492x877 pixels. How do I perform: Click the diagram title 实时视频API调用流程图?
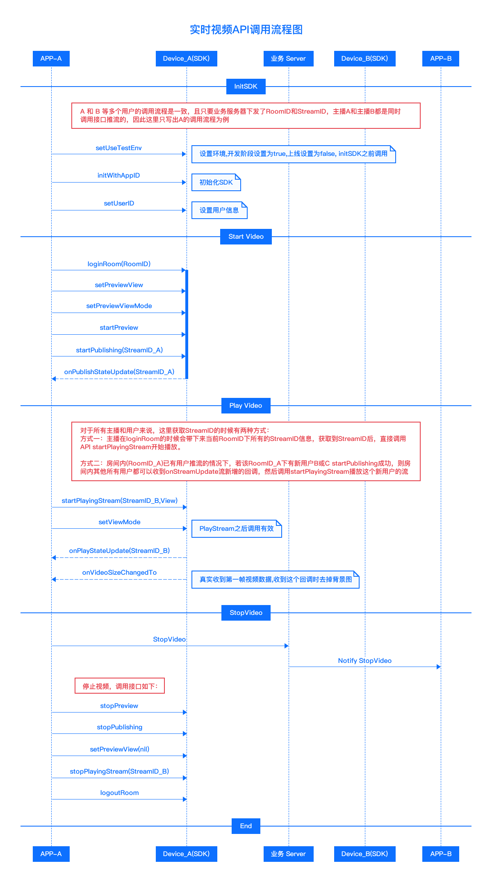pos(246,30)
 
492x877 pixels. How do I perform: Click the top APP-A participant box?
pos(51,59)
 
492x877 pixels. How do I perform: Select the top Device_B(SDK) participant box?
pos(365,59)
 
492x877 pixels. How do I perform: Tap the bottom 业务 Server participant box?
pos(289,854)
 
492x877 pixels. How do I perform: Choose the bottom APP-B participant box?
pos(441,854)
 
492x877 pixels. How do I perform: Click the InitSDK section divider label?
pos(246,87)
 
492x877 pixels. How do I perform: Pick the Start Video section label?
pos(246,237)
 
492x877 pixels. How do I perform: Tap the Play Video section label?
pos(246,406)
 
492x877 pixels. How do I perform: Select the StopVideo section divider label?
pos(246,613)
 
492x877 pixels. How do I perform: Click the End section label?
pos(246,826)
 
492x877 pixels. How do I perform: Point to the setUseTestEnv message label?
pos(119,148)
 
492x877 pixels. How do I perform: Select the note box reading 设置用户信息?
pos(219,210)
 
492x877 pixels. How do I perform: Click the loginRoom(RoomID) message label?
pos(119,264)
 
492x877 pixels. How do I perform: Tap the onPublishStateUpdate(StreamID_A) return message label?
pos(119,372)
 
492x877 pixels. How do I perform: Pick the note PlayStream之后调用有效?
pos(237,529)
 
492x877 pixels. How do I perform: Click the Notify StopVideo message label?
pos(365,661)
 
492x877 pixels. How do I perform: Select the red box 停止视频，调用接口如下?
pos(120,686)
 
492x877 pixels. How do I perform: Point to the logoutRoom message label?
pos(119,793)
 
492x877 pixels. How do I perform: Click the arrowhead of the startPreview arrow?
pos(184,335)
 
